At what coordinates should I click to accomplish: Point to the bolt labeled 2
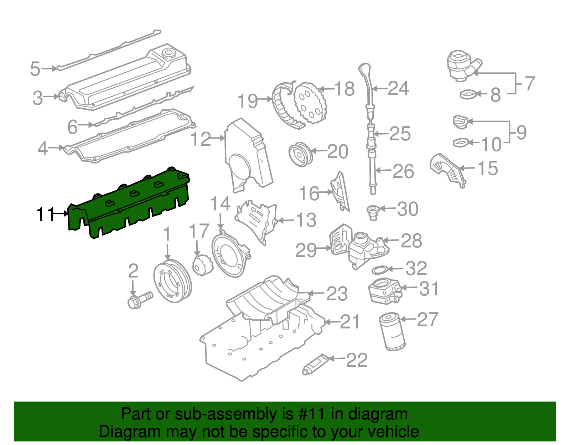(x=139, y=299)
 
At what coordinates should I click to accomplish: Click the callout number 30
(x=408, y=209)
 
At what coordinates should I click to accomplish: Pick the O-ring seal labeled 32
(x=380, y=270)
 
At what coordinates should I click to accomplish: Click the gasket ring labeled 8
(x=468, y=94)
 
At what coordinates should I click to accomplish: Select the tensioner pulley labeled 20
(x=300, y=154)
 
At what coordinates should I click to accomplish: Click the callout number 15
(x=487, y=168)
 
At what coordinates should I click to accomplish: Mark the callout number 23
(x=337, y=294)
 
